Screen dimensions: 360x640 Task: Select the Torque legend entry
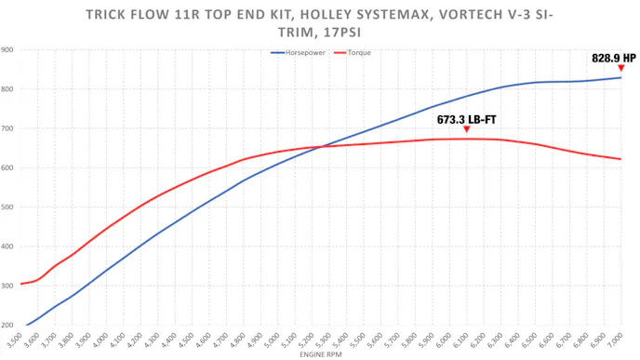(x=356, y=53)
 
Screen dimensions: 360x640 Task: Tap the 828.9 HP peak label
(x=614, y=58)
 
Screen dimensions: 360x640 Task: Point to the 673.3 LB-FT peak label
(x=466, y=120)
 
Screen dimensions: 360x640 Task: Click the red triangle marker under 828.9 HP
(x=620, y=68)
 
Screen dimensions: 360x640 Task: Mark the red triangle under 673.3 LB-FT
(x=466, y=129)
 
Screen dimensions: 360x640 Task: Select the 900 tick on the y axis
(x=7, y=49)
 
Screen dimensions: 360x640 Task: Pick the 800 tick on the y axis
(x=7, y=89)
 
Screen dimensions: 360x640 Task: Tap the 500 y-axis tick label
(x=7, y=207)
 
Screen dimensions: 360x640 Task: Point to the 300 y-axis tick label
(x=7, y=287)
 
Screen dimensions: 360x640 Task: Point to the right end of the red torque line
(x=620, y=159)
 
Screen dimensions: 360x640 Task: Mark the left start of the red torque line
(x=20, y=284)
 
